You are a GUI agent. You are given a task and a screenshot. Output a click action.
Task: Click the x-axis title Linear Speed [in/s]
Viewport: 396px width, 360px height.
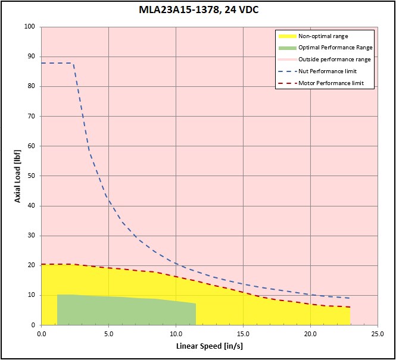click(209, 346)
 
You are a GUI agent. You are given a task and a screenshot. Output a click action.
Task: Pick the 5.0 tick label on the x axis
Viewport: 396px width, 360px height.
click(108, 333)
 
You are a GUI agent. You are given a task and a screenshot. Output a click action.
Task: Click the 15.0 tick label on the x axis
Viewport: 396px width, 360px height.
click(243, 333)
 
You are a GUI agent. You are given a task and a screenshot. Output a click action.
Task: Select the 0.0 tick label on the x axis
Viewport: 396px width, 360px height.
click(41, 333)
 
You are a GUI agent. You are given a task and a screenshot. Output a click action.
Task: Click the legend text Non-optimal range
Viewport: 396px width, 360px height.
click(323, 36)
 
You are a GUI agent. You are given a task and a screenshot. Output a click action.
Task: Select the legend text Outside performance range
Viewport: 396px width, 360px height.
click(335, 60)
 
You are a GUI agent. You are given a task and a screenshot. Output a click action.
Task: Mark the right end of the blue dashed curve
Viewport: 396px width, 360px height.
click(350, 298)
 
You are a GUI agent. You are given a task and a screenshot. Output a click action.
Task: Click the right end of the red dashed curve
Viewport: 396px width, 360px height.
click(350, 307)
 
